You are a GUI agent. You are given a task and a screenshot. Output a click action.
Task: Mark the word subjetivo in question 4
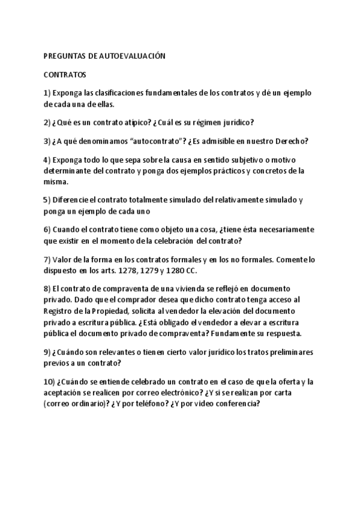point(248,160)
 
